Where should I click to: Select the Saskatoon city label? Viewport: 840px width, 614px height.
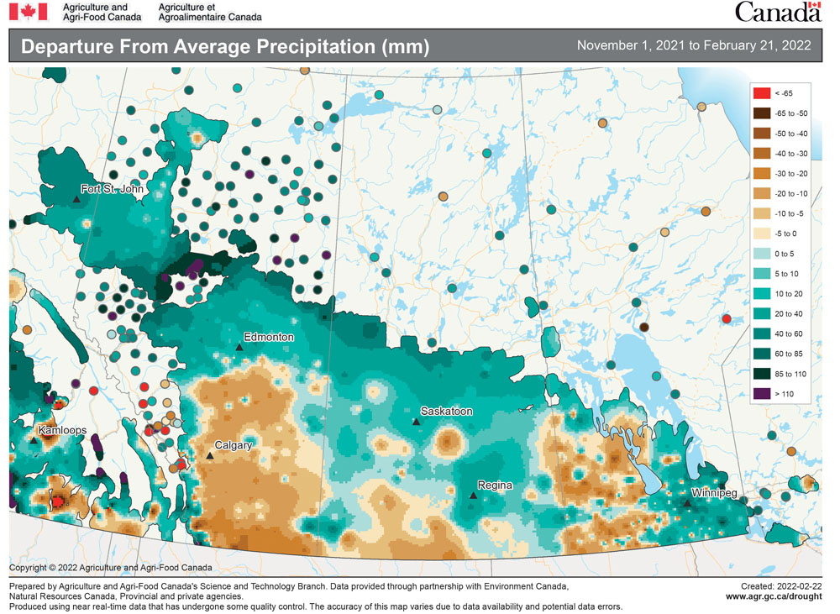coord(446,412)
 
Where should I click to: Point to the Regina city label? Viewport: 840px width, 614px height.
coord(495,485)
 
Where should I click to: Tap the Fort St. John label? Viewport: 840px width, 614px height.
coord(112,189)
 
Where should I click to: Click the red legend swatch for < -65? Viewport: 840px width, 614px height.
coord(763,92)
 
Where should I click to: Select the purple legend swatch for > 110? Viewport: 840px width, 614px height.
coord(763,393)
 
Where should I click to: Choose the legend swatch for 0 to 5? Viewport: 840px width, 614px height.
coord(763,253)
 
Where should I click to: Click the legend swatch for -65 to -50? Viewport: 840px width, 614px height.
coord(763,113)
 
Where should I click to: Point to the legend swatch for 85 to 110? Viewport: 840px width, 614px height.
coord(763,373)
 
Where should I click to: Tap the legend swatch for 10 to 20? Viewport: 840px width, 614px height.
coord(763,293)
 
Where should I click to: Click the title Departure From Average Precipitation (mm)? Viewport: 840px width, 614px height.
coord(224,46)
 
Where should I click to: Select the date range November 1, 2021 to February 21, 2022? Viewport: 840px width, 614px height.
coord(694,45)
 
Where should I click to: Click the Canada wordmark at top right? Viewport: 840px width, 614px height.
coord(777,12)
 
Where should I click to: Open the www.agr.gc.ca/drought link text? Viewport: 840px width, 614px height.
coord(773,596)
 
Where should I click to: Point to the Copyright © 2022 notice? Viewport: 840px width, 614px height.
coord(111,568)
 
